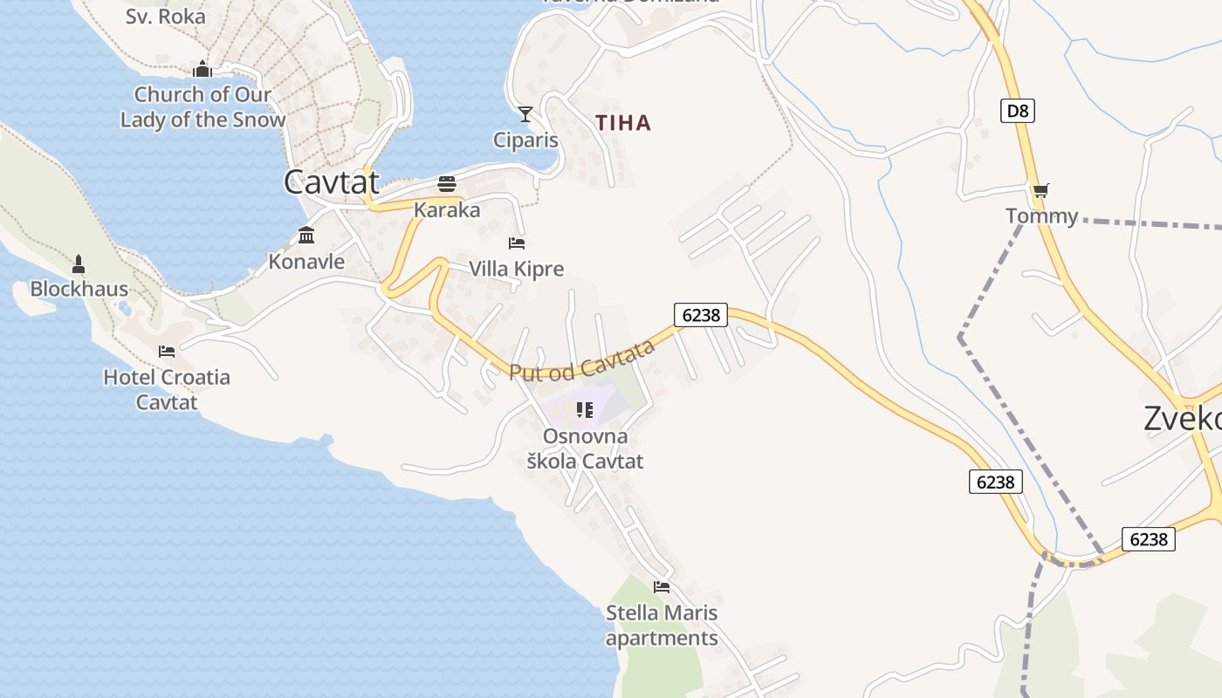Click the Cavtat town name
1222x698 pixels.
(x=332, y=182)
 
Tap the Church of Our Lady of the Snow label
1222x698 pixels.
(x=203, y=107)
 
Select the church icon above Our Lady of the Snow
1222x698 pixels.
(x=203, y=69)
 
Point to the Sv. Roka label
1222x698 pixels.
(x=165, y=16)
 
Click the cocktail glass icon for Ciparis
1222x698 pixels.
(x=525, y=114)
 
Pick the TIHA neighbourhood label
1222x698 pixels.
(x=623, y=123)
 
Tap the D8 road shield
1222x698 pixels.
(x=1017, y=111)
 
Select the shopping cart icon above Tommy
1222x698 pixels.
(x=1040, y=190)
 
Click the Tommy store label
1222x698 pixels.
(x=1041, y=216)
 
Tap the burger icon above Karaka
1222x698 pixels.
(x=447, y=184)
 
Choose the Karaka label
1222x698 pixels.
(x=447, y=210)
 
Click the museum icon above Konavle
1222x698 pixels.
(x=306, y=236)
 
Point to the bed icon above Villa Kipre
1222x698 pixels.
(x=517, y=243)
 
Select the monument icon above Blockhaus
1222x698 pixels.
(x=79, y=263)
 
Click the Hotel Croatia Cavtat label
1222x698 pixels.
(x=167, y=389)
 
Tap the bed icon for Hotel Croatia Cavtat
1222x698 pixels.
(x=167, y=352)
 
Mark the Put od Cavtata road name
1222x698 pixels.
(x=581, y=360)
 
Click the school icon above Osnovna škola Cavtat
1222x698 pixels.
(x=585, y=409)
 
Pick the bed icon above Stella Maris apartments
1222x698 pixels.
(x=662, y=587)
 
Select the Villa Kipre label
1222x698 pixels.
(x=517, y=269)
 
